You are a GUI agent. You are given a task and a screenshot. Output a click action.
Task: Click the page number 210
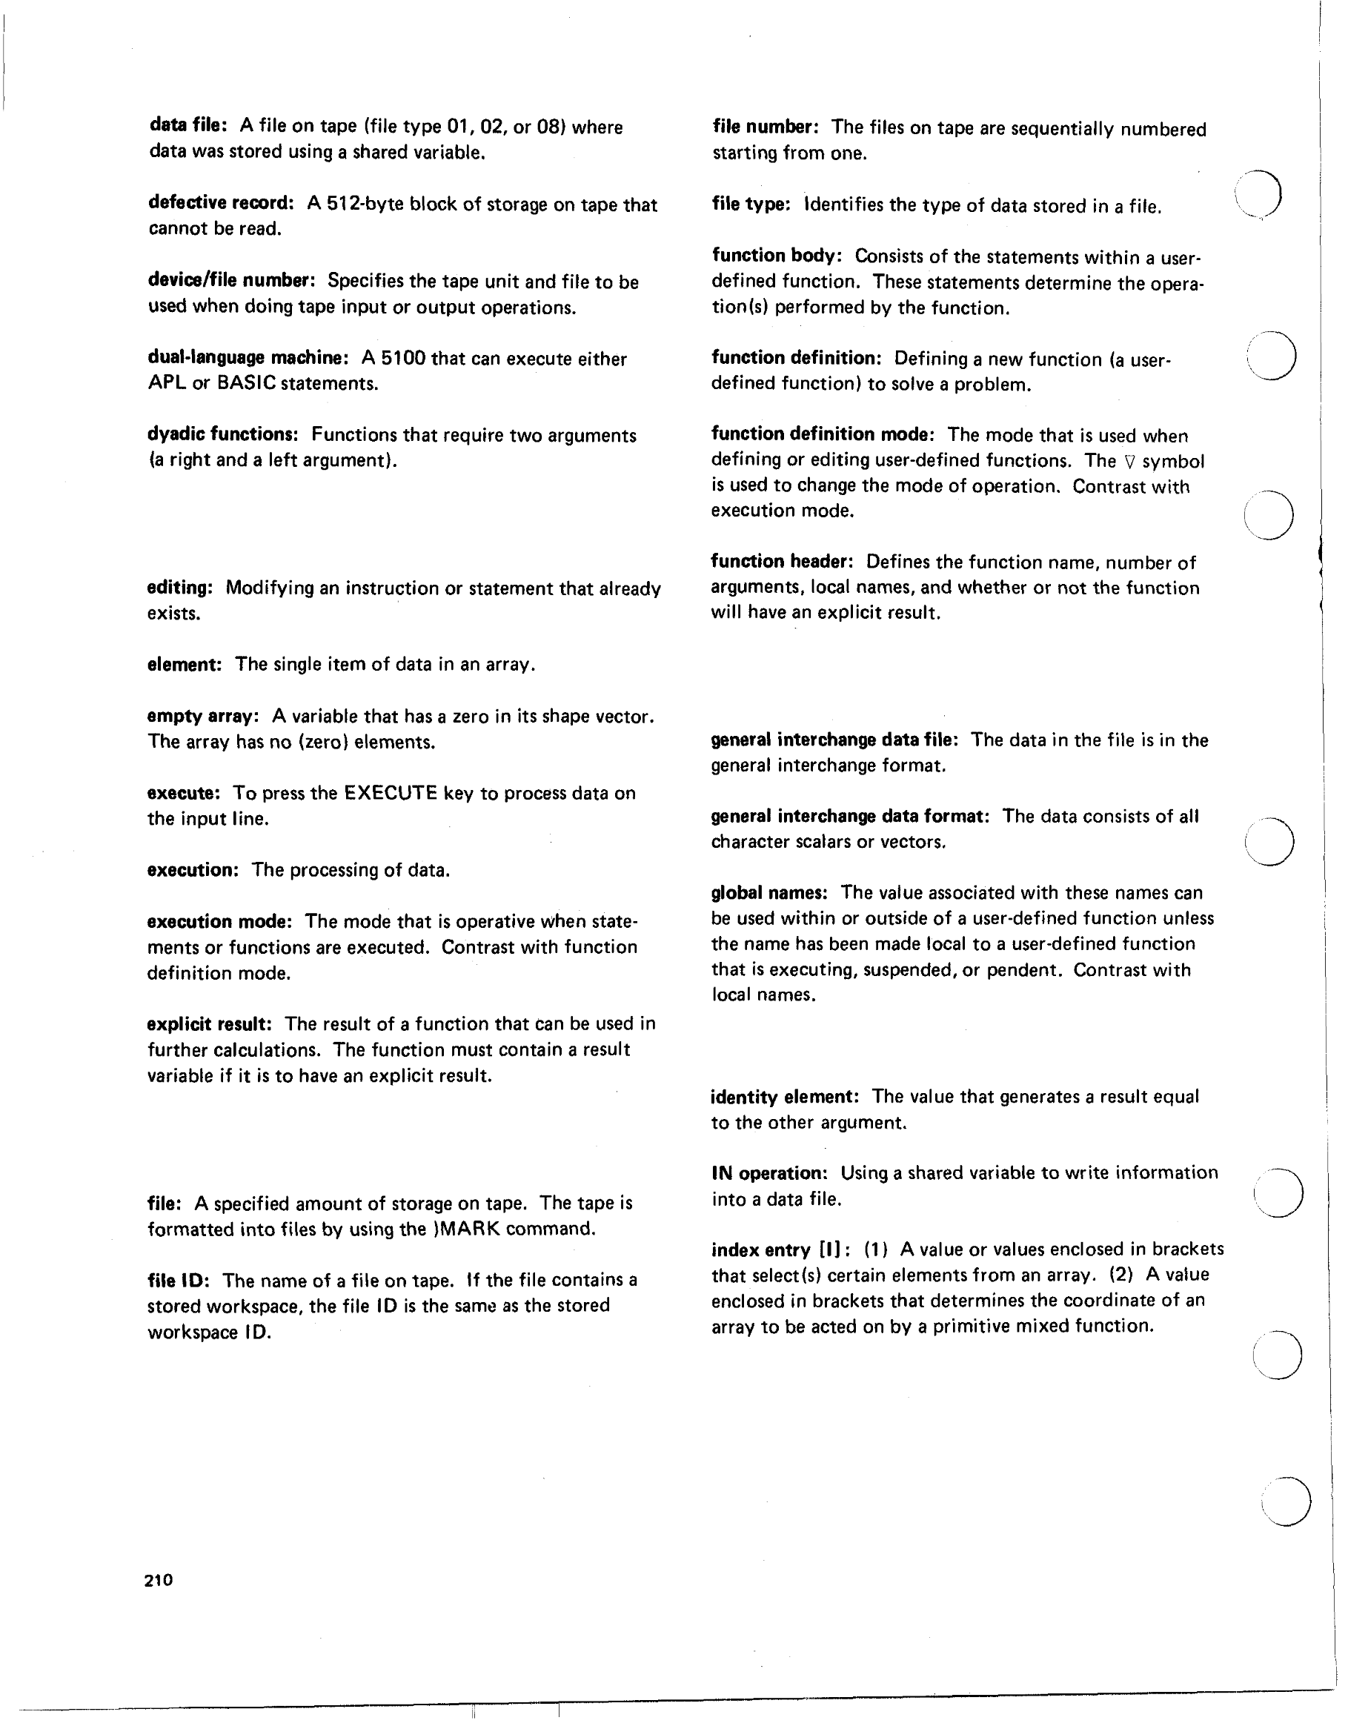pos(159,1580)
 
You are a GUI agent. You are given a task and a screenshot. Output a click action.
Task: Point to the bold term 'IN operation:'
pos(768,1174)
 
